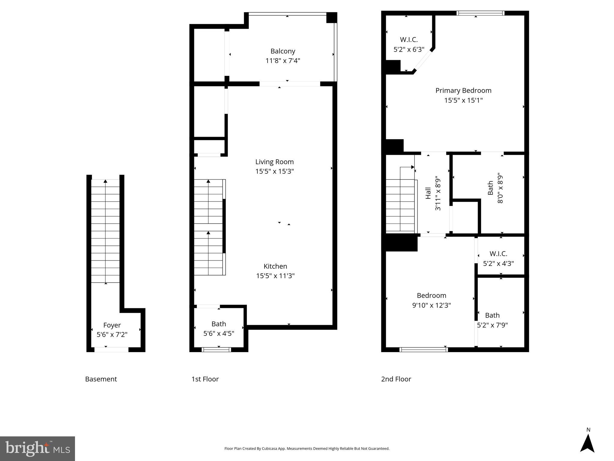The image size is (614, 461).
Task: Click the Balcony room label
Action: [x=283, y=51]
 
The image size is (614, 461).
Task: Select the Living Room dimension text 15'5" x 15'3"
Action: [x=274, y=171]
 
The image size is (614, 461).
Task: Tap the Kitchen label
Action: [x=275, y=266]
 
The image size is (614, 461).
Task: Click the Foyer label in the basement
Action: [x=112, y=325]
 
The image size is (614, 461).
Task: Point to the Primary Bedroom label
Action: [x=463, y=91]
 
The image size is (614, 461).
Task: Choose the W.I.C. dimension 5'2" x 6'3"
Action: [x=409, y=50]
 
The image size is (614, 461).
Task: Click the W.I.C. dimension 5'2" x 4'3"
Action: [x=498, y=264]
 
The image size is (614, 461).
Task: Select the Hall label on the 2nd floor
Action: [x=428, y=193]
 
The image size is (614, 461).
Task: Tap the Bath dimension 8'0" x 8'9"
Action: [x=500, y=188]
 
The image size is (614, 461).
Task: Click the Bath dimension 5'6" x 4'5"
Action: [x=219, y=333]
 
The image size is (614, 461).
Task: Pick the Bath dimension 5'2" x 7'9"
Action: [x=492, y=325]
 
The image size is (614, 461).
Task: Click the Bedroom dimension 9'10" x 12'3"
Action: [x=431, y=305]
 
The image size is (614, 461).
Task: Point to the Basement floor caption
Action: [x=101, y=379]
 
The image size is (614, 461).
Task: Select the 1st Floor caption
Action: [x=205, y=379]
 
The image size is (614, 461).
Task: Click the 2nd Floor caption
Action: [x=396, y=379]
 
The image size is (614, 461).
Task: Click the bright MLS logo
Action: [x=37, y=449]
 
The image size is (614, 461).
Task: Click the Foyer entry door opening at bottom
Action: [x=111, y=349]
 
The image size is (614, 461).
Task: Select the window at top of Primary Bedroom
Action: [x=480, y=13]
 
